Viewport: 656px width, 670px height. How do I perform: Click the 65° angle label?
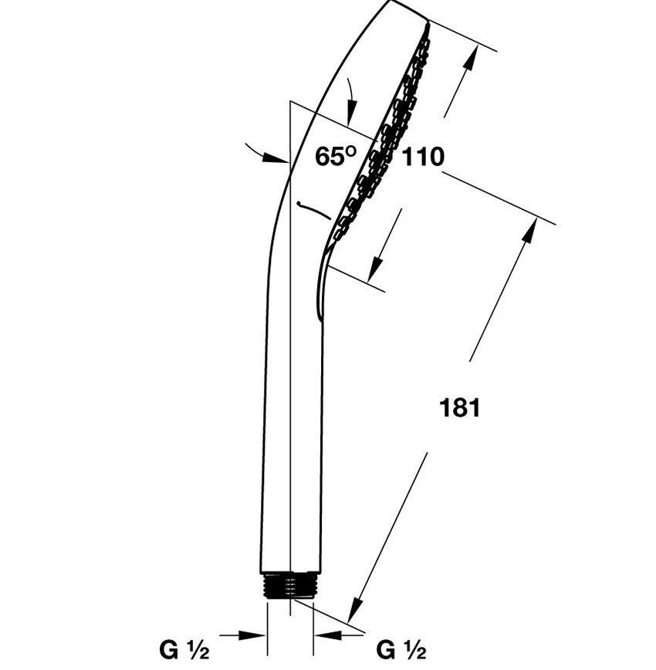point(336,156)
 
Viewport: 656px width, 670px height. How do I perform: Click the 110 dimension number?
point(423,157)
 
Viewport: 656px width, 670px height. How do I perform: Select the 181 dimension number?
point(460,408)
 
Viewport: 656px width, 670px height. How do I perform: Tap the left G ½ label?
point(184,651)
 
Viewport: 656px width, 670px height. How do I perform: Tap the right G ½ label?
point(401,651)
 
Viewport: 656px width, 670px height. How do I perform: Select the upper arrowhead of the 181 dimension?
point(529,232)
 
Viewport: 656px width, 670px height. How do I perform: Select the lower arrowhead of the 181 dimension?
point(354,609)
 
